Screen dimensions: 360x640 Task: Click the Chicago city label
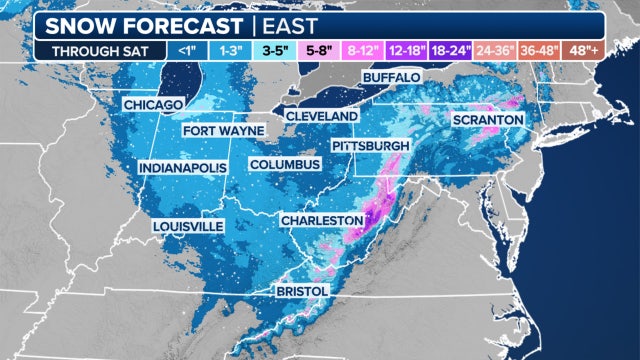(x=153, y=105)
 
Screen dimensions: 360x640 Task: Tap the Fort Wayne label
(x=223, y=131)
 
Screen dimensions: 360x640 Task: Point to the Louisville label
(x=188, y=227)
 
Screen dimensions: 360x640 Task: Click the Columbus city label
(x=284, y=164)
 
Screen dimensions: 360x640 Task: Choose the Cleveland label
(x=321, y=117)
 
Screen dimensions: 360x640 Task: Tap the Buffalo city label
(x=391, y=77)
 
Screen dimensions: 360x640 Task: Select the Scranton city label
(x=488, y=120)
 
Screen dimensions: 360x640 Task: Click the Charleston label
(x=321, y=219)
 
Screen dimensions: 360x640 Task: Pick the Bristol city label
(x=302, y=290)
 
